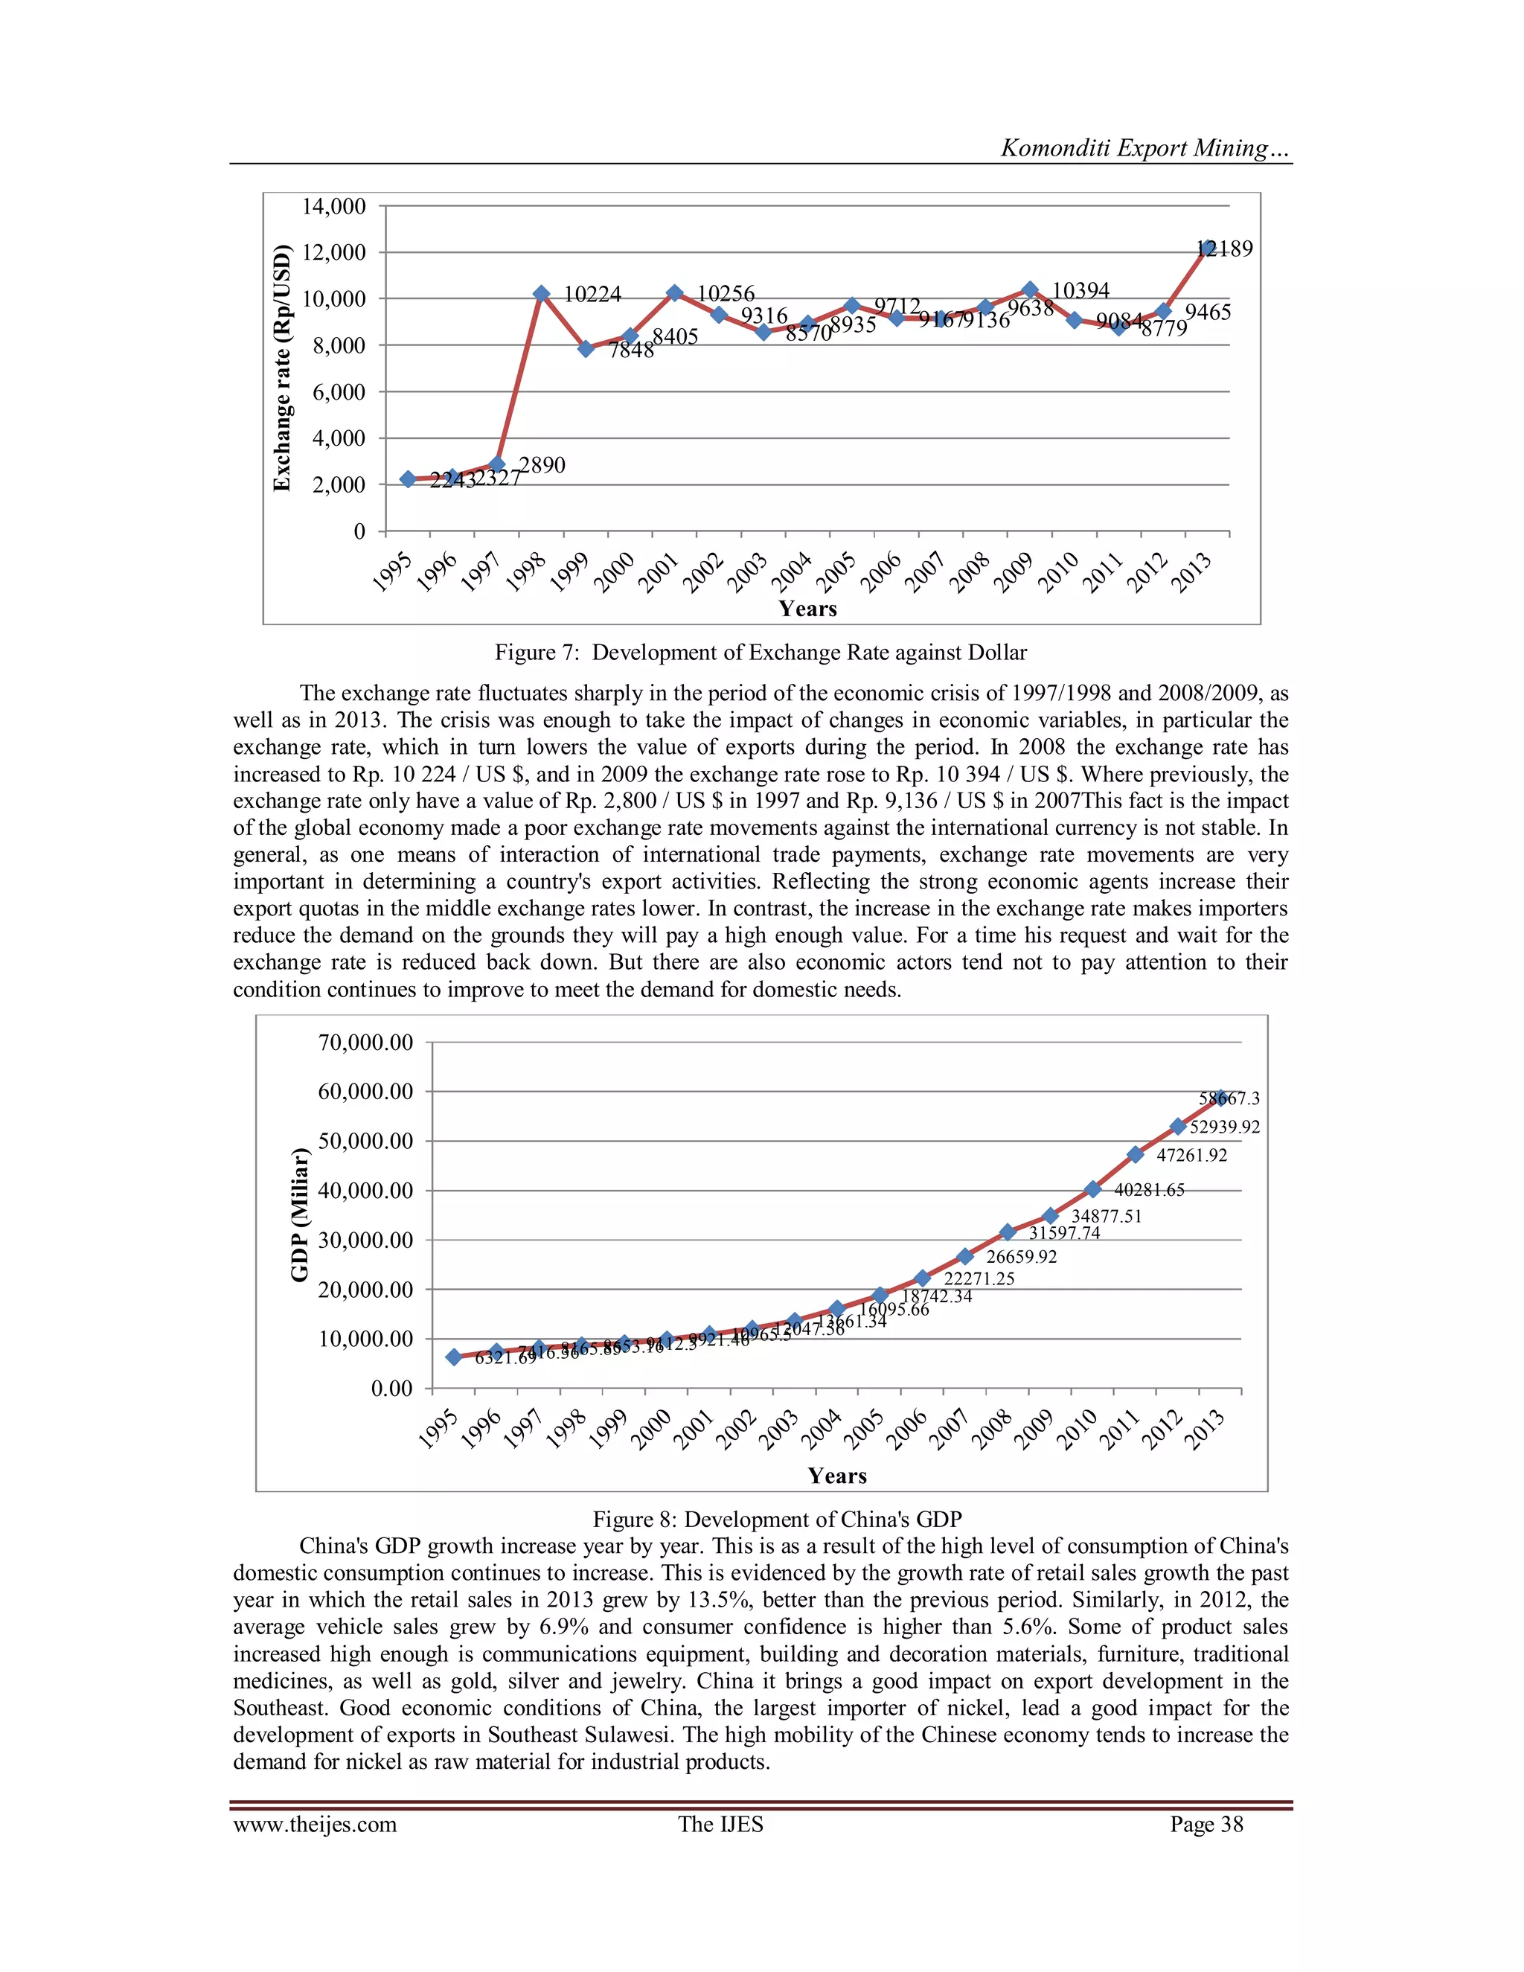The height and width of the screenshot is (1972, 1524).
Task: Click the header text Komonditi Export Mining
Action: coord(1144,149)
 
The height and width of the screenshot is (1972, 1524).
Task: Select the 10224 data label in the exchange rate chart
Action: coord(592,295)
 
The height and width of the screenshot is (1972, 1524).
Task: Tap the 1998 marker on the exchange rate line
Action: coord(542,293)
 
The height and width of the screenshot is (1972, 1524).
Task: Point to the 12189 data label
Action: coord(1226,249)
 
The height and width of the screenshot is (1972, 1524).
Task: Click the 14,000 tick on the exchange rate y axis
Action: coord(334,207)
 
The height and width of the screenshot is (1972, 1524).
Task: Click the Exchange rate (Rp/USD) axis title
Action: coord(283,368)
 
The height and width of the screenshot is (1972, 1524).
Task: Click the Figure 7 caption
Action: coord(761,653)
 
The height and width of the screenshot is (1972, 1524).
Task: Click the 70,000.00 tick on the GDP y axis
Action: coord(365,1043)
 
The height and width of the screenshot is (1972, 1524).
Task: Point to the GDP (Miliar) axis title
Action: coord(300,1214)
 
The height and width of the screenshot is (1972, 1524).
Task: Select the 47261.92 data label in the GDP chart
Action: coord(1192,1156)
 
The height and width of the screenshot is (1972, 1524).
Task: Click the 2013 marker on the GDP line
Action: coord(1220,1098)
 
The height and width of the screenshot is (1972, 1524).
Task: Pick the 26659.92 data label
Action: coord(1021,1257)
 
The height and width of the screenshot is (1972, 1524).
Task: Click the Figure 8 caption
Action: coord(778,1520)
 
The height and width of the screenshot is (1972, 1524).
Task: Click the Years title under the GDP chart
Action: coord(837,1476)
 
